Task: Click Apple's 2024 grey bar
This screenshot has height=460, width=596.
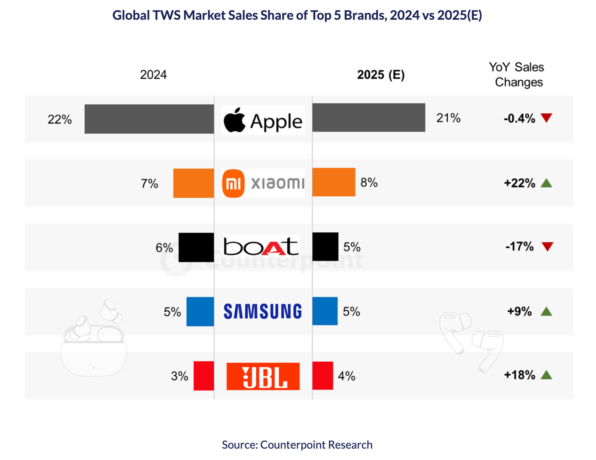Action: (149, 119)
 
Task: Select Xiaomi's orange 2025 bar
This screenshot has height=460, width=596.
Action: (334, 182)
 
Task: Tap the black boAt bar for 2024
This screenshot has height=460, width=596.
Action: (196, 247)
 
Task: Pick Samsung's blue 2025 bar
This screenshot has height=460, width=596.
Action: (325, 311)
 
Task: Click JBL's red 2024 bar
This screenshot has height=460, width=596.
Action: (204, 376)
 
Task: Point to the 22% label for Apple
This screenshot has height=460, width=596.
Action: (60, 119)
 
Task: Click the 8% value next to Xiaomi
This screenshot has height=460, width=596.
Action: (369, 183)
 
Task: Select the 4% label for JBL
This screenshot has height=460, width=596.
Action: (346, 376)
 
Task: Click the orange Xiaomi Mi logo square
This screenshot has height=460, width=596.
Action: (233, 183)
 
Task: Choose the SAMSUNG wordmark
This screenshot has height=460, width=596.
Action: (263, 311)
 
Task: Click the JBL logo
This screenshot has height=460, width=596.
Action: (263, 376)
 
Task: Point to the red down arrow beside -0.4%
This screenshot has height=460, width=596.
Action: (546, 118)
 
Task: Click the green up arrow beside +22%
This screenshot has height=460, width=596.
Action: (546, 183)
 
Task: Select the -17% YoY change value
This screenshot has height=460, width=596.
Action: (519, 247)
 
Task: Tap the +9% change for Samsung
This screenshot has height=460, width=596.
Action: (519, 311)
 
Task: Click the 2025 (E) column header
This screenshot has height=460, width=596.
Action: (381, 75)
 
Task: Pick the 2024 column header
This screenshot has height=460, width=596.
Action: (153, 75)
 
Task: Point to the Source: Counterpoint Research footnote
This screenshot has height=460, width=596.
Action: (297, 444)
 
